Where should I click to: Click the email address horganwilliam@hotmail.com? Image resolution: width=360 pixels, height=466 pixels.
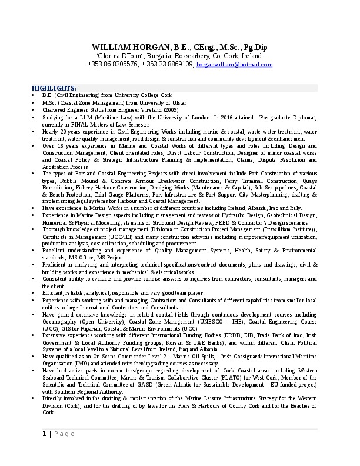click(227, 64)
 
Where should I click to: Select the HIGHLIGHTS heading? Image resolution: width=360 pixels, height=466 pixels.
click(54, 88)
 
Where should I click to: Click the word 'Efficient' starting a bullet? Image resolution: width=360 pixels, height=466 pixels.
click(52, 292)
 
